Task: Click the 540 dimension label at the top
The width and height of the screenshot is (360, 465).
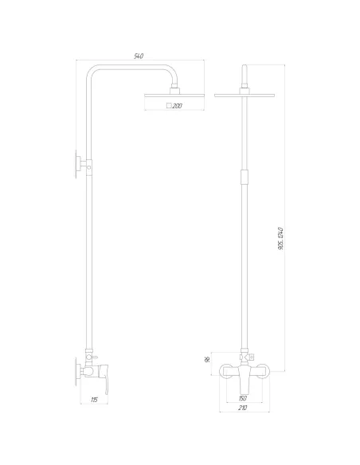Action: click(x=138, y=56)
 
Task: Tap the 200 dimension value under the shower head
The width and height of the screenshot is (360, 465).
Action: click(x=178, y=106)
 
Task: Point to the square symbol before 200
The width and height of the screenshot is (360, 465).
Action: click(x=168, y=106)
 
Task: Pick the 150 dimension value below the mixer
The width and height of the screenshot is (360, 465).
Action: click(x=242, y=399)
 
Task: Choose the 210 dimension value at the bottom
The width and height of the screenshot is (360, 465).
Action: click(x=242, y=408)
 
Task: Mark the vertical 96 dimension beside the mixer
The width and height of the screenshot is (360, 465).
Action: click(x=209, y=359)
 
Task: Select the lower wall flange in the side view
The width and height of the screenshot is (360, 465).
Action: click(x=80, y=370)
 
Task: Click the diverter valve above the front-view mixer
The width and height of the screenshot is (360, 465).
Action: click(x=242, y=356)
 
